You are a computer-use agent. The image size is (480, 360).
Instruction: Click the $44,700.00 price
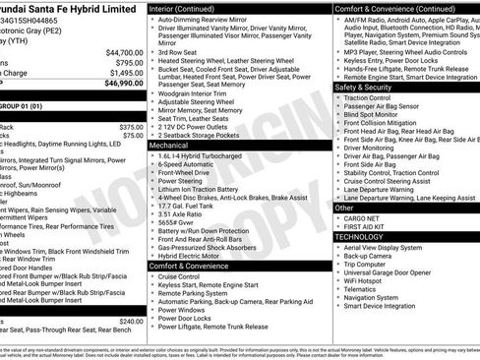(x=124, y=52)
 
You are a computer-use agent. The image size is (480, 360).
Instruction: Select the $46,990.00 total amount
(x=124, y=84)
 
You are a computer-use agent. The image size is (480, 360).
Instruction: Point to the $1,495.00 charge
(x=126, y=73)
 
